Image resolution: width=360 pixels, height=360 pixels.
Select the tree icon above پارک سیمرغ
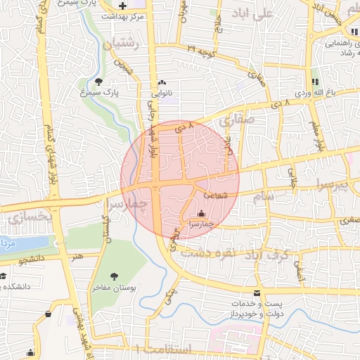click(98, 82)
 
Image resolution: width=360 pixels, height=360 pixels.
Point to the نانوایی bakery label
click(166, 92)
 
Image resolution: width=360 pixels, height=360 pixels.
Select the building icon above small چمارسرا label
click(202, 213)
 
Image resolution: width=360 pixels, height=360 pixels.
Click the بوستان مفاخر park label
click(115, 288)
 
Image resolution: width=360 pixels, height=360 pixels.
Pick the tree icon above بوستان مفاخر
click(115, 276)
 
